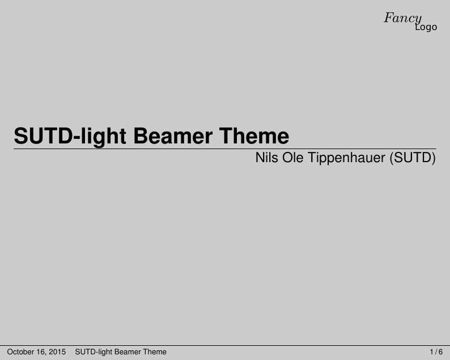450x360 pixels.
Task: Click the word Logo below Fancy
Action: [426, 27]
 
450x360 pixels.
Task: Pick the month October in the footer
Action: [21, 352]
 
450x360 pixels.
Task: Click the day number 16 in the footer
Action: [43, 352]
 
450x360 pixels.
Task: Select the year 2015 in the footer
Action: [58, 352]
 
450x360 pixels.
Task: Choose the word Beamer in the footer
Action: [128, 352]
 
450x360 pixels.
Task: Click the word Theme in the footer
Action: [155, 352]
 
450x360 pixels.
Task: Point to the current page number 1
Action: [432, 352]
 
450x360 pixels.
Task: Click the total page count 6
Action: [440, 352]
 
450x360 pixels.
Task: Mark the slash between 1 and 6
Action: [436, 352]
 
